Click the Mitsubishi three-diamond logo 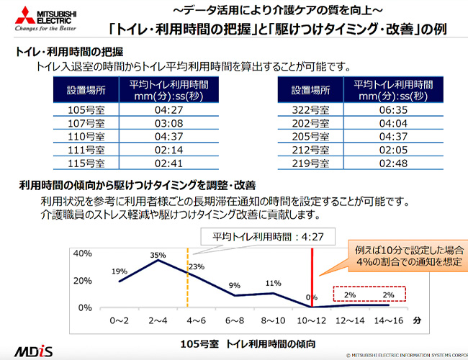16,16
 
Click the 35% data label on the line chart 158,255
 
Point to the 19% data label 120,271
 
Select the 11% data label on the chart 273,283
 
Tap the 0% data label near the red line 311,297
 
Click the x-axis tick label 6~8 235,318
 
